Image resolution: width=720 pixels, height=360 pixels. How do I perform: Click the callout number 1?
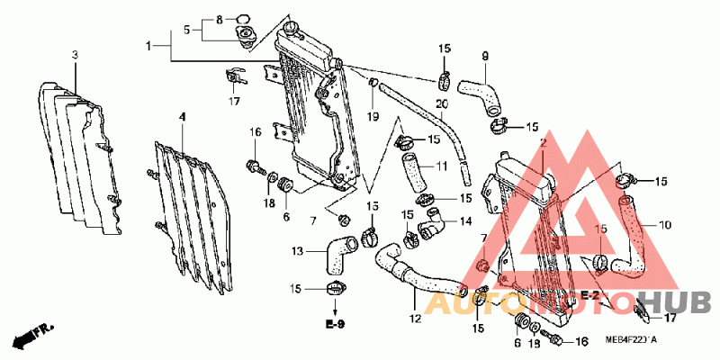[150, 44]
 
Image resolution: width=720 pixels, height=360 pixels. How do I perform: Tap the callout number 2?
[544, 143]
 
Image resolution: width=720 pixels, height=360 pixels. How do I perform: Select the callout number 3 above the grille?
[75, 56]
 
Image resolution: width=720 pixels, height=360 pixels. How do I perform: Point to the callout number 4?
[182, 117]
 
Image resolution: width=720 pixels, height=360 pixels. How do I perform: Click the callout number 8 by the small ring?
[219, 20]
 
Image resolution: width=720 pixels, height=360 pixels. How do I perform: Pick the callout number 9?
[484, 57]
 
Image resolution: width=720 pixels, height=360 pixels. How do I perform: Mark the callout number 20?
[441, 104]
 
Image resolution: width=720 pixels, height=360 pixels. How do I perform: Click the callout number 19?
[372, 116]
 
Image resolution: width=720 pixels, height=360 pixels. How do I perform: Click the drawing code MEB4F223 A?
[631, 339]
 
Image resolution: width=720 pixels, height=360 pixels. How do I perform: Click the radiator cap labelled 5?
[244, 35]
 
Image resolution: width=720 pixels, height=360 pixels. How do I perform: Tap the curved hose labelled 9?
[480, 93]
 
